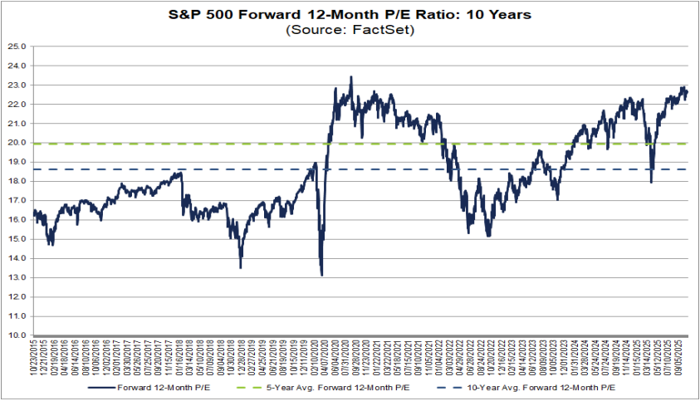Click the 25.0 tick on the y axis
pyautogui.click(x=18, y=46)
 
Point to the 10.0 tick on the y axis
pyautogui.click(x=18, y=335)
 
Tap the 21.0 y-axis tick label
pyautogui.click(x=18, y=123)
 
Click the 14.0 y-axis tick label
pyautogui.click(x=18, y=258)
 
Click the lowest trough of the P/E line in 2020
pyautogui.click(x=321, y=275)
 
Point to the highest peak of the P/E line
pyautogui.click(x=351, y=77)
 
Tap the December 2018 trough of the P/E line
pyautogui.click(x=240, y=267)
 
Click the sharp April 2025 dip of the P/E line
pyautogui.click(x=651, y=182)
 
